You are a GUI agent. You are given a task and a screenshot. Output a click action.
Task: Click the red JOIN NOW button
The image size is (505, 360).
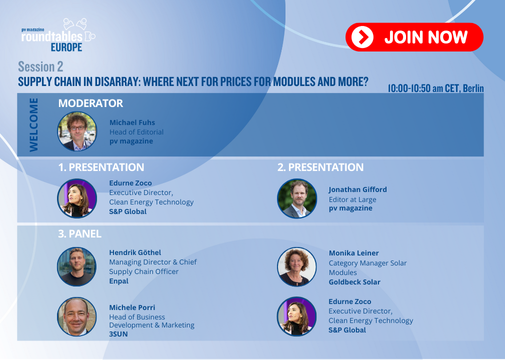pos(414,37)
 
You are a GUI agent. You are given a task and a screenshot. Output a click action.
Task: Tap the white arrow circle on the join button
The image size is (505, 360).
pos(362,37)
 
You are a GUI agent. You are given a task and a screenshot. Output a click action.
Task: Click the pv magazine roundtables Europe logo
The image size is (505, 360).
pos(58,35)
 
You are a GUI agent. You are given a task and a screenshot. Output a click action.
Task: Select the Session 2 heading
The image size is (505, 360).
pos(40,67)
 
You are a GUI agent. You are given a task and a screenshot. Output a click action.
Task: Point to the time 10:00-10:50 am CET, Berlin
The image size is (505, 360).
pos(435,88)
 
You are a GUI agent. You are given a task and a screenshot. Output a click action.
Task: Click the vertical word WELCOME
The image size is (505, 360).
pos(33,125)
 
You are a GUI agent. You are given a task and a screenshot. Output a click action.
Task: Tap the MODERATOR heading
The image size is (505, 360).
pos(91,103)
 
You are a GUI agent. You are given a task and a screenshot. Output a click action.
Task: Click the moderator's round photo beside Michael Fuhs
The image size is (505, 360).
pos(77,131)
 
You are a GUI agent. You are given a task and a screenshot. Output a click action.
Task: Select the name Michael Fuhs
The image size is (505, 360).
pos(132,122)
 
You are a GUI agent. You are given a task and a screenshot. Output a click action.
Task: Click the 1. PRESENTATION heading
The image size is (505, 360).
pos(101,167)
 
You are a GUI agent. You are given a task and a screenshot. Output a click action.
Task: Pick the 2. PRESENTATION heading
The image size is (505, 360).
pos(321,167)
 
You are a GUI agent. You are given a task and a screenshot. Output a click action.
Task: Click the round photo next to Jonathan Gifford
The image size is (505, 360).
pos(297,199)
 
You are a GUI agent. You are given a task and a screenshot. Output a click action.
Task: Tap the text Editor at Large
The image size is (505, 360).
pos(352,200)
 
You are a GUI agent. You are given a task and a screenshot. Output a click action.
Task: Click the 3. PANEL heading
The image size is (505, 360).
pos(80,234)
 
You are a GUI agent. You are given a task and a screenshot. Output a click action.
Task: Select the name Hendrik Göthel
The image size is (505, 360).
pos(135,252)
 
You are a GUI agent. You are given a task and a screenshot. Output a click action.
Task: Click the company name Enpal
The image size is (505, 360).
pos(119,281)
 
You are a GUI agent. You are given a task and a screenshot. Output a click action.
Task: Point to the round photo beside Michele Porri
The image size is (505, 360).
pos(77,317)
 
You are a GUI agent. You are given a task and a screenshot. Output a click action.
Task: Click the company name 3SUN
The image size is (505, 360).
pos(118,334)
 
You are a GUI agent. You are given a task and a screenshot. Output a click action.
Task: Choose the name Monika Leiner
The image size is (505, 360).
pos(354,253)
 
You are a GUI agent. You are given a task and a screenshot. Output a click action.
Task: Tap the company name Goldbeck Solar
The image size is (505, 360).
pos(354,282)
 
